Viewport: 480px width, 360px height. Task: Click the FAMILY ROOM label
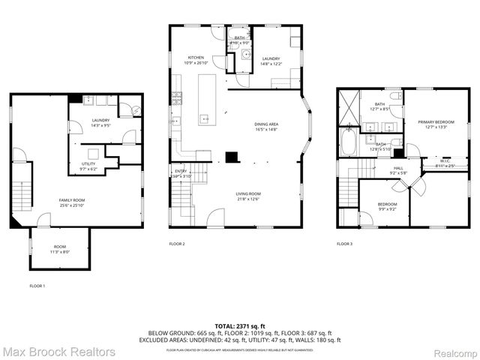click(73, 200)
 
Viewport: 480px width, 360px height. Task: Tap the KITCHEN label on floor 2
click(196, 58)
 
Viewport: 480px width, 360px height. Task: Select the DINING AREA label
click(267, 124)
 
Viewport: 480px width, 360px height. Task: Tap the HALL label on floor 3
click(398, 168)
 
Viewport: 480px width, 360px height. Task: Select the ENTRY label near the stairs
click(181, 172)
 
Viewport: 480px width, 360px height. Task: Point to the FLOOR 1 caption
click(37, 286)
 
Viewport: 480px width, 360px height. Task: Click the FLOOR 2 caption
click(177, 244)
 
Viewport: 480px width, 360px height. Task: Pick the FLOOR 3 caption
click(344, 244)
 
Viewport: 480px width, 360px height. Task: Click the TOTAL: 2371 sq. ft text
click(239, 326)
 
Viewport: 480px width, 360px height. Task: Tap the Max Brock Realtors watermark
click(58, 351)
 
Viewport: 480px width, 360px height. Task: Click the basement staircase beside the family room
click(25, 187)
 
